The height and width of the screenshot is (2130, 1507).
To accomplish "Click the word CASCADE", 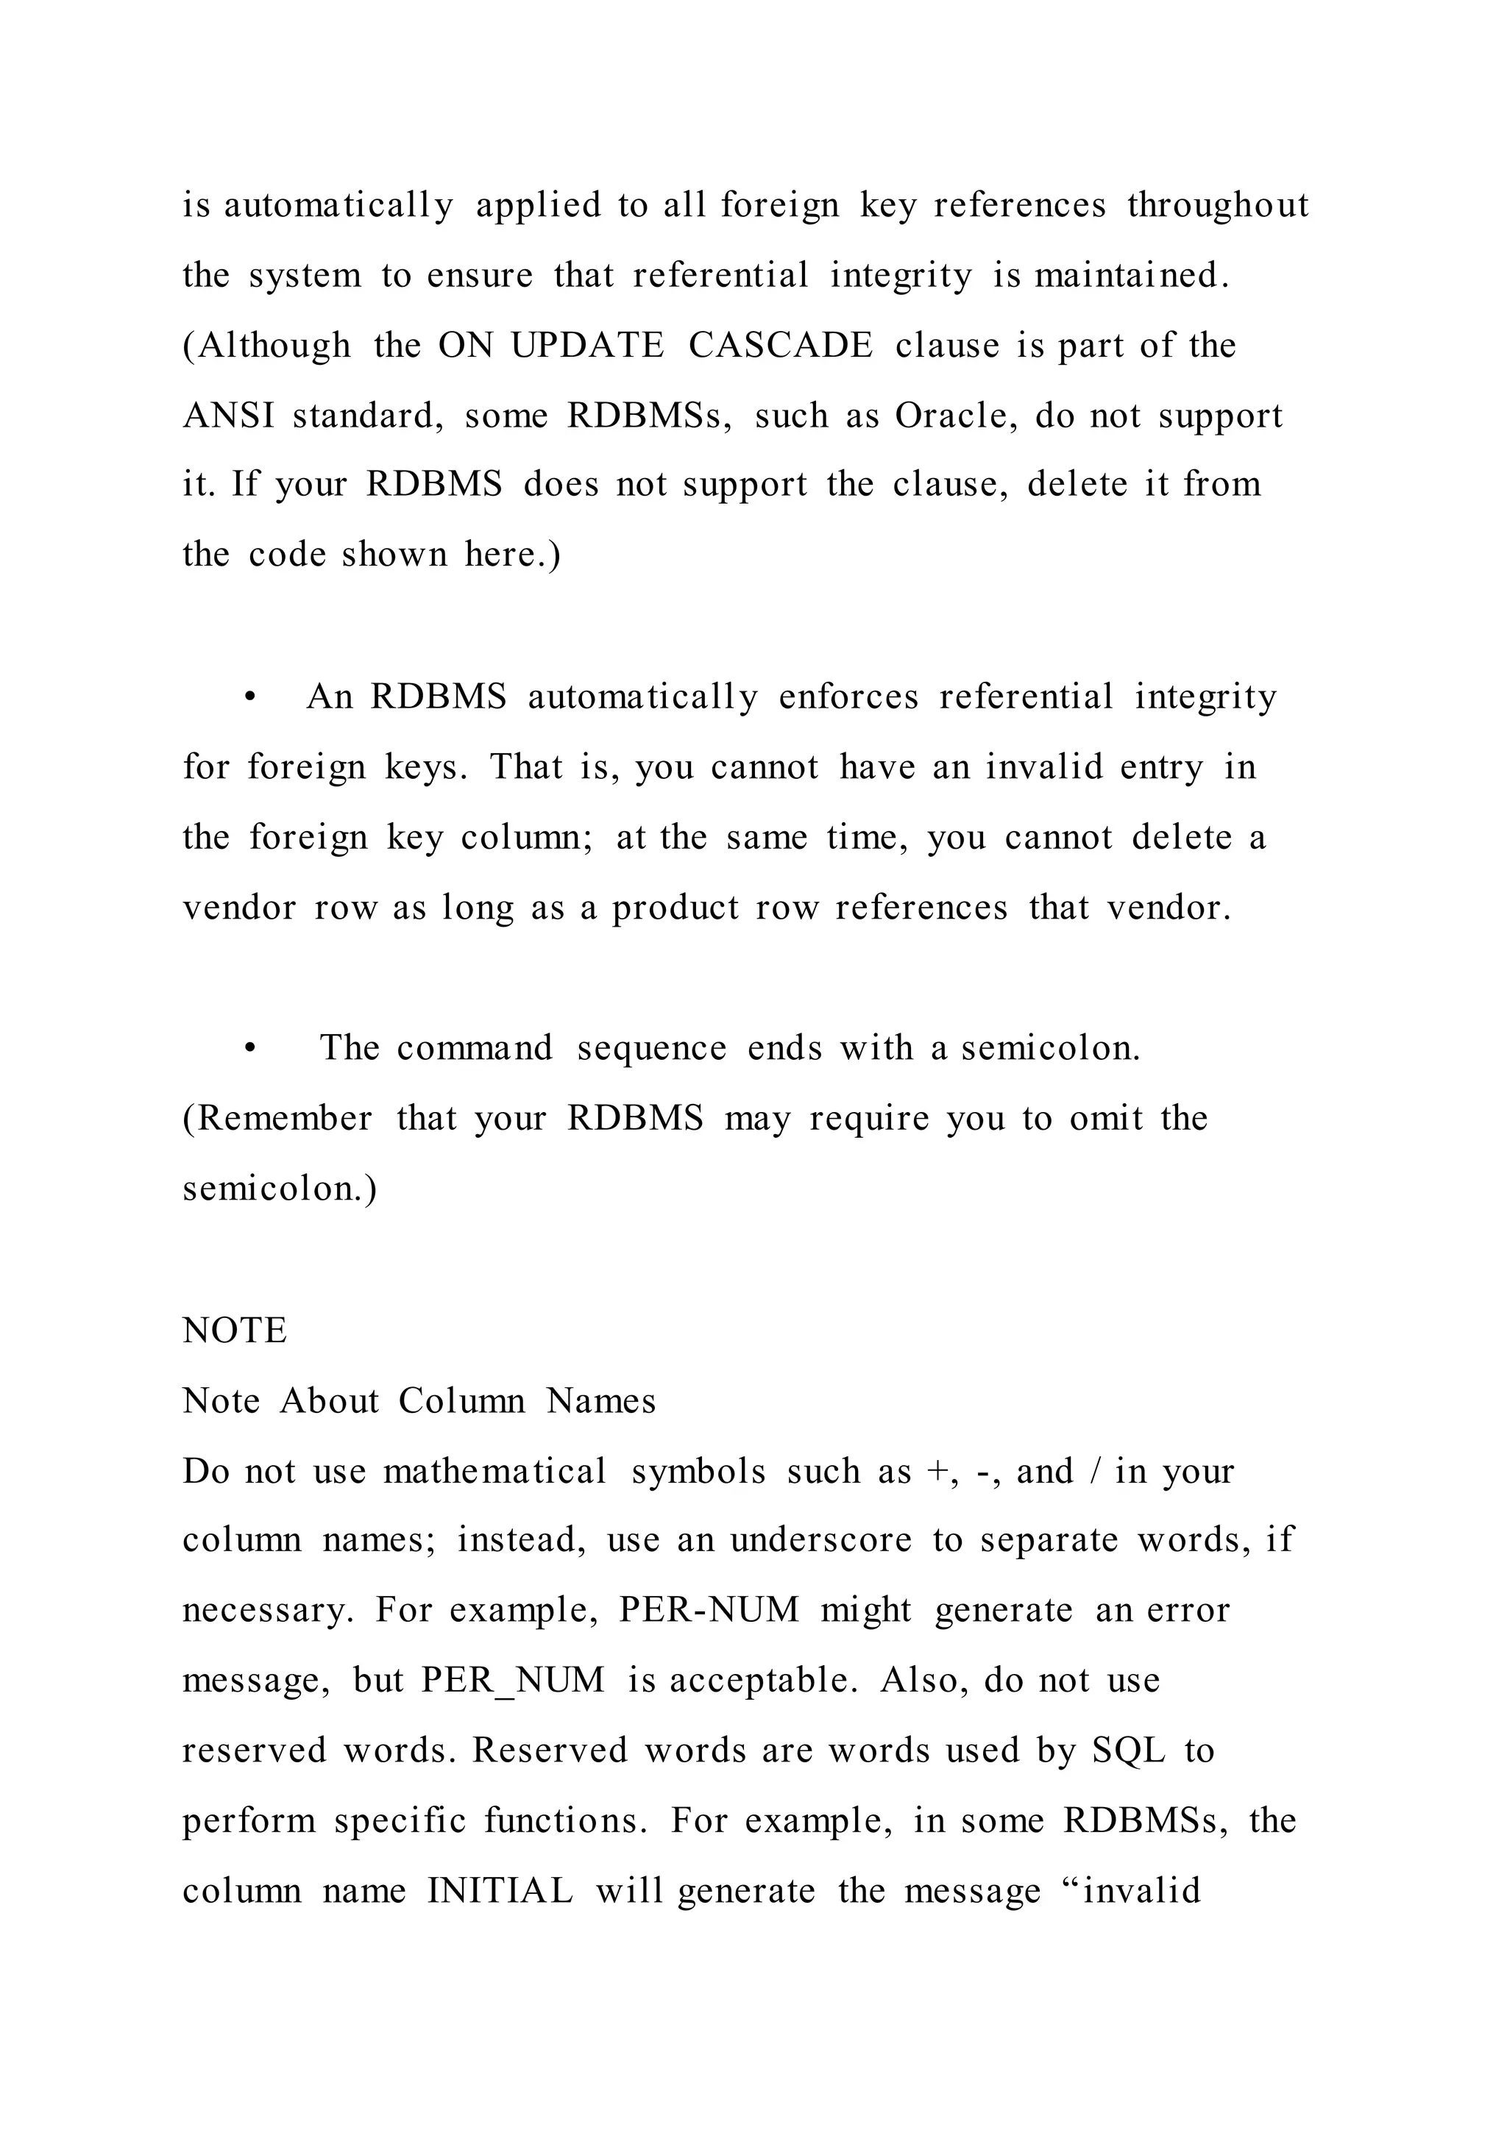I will pyautogui.click(x=781, y=346).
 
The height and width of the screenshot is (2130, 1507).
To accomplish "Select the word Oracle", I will pyautogui.click(x=949, y=416).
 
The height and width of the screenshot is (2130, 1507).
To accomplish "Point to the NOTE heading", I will pyautogui.click(x=235, y=1331).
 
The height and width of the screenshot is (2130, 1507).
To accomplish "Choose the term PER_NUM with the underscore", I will pyautogui.click(x=512, y=1680).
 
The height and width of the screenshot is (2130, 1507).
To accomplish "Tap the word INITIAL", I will pyautogui.click(x=500, y=1891).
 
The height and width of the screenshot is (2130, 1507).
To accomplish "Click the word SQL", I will pyautogui.click(x=1127, y=1750).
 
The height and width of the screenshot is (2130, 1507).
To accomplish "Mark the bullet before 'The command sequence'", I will pyautogui.click(x=249, y=1048).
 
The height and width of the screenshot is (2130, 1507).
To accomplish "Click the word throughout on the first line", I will pyautogui.click(x=1218, y=205).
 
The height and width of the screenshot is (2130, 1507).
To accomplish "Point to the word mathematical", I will pyautogui.click(x=494, y=1471).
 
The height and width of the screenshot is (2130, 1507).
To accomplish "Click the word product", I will pyautogui.click(x=675, y=908).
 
